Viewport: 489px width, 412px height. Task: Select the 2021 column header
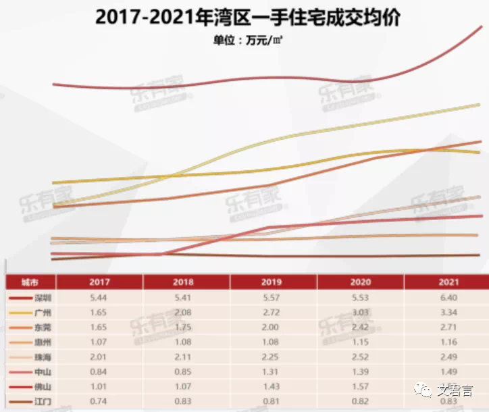pos(448,282)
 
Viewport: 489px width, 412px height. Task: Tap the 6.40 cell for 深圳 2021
pos(448,297)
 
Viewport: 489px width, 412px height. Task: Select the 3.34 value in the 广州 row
pos(448,313)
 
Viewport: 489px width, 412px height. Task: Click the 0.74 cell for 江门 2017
pos(99,403)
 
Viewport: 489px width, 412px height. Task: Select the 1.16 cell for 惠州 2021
pos(448,342)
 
